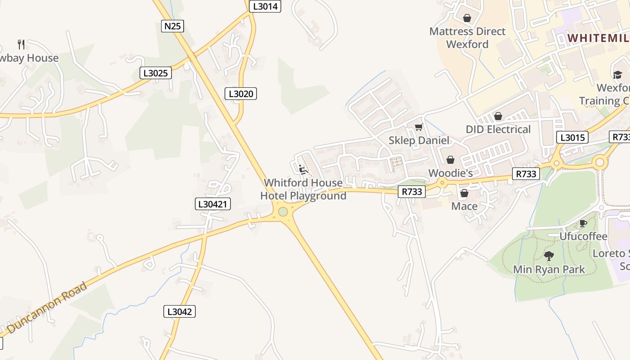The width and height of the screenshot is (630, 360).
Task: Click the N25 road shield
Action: (172, 26)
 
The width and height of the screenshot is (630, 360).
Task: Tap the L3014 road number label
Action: (265, 6)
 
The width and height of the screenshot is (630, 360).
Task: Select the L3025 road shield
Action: (156, 72)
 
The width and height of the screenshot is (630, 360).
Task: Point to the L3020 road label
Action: (241, 94)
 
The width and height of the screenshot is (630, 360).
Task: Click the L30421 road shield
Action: (213, 204)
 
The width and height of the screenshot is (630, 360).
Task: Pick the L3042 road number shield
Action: (180, 311)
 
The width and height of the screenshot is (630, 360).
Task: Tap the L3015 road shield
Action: (572, 137)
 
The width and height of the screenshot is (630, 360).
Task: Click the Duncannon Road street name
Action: (47, 307)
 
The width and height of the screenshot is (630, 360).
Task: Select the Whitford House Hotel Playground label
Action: (303, 189)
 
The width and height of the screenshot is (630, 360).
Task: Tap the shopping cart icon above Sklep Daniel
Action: (419, 127)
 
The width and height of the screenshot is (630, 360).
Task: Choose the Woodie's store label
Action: (450, 173)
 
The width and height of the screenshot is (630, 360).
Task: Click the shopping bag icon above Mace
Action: (464, 193)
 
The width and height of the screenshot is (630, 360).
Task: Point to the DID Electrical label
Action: (498, 129)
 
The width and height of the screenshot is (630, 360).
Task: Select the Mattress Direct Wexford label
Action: (467, 38)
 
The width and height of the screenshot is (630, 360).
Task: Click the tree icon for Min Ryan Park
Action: (549, 256)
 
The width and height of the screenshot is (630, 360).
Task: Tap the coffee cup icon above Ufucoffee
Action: (583, 223)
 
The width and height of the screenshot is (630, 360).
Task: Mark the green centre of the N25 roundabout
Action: (283, 211)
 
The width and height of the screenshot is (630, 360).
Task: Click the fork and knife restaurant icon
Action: (21, 44)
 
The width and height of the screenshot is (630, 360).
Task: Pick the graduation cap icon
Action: (617, 75)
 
